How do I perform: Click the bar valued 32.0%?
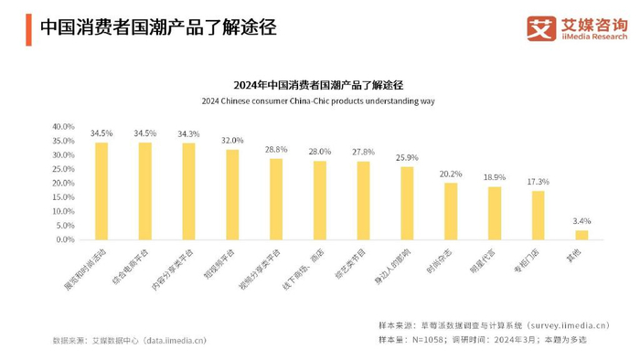pyautogui.click(x=232, y=195)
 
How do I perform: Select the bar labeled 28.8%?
pyautogui.click(x=276, y=199)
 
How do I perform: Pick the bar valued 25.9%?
pyautogui.click(x=407, y=203)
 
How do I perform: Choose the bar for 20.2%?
pyautogui.click(x=451, y=211)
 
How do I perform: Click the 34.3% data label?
pyautogui.click(x=188, y=134)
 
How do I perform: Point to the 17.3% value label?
pyautogui.click(x=538, y=182)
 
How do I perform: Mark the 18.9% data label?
pyautogui.click(x=494, y=177)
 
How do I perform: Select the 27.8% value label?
pyautogui.click(x=363, y=152)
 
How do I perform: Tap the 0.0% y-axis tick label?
pyautogui.click(x=64, y=239)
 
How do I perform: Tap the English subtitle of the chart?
pyautogui.click(x=319, y=101)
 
